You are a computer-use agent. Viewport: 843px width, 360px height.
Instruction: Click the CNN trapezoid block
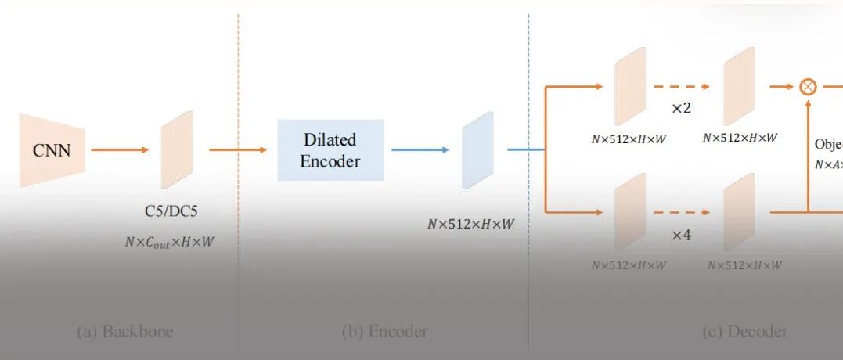click(51, 149)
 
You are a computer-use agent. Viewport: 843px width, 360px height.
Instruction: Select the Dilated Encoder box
click(330, 150)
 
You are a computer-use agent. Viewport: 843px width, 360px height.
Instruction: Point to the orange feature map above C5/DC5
click(177, 149)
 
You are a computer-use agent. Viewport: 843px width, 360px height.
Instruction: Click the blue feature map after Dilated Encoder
click(477, 150)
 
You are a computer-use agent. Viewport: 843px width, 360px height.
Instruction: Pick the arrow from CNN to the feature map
click(120, 149)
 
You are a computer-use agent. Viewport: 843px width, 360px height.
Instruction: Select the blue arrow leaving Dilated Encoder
click(420, 149)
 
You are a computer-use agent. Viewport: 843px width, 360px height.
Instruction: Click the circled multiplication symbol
click(807, 87)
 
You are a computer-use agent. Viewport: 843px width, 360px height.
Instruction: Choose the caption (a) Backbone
click(125, 331)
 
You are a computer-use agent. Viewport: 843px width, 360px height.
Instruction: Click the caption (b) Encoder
click(385, 331)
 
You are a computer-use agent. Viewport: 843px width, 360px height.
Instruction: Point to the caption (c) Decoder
click(744, 331)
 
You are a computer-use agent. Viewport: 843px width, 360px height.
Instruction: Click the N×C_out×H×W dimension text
click(169, 242)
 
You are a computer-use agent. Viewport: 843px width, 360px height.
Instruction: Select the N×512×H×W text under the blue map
click(471, 224)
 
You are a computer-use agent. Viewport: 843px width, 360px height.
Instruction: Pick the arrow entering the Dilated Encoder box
click(238, 149)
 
